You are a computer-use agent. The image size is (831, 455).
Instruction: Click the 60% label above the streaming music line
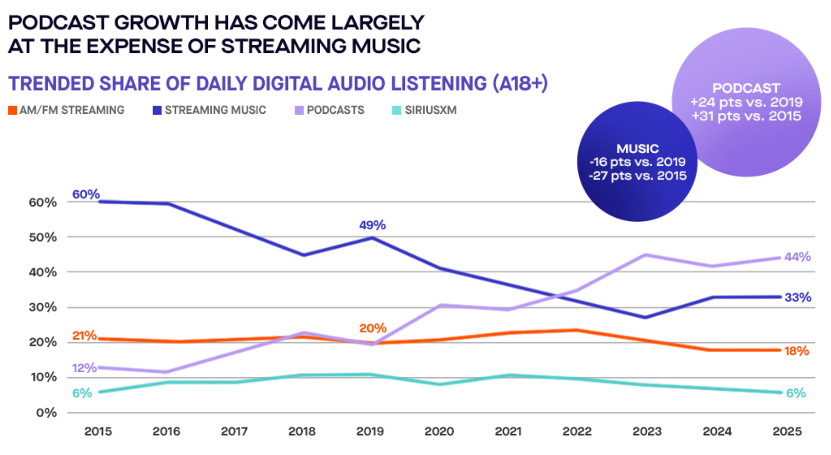tap(86, 194)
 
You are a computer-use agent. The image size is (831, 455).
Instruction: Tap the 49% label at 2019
tap(372, 225)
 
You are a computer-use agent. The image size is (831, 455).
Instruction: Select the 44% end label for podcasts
tap(797, 257)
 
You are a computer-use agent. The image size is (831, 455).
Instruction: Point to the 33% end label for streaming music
tap(797, 297)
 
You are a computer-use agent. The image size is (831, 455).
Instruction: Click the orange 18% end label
tap(796, 351)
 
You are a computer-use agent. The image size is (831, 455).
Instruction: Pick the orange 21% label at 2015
tap(84, 336)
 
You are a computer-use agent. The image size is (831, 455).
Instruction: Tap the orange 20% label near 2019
tap(373, 328)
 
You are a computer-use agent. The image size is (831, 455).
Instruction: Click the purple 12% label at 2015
tap(84, 368)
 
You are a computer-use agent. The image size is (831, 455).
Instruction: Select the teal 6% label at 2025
tap(796, 393)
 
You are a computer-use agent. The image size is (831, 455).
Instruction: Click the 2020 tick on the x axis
tap(439, 431)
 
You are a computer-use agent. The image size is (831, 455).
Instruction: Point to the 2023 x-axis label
tap(647, 431)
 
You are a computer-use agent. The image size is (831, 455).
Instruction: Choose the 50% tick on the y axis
tap(43, 238)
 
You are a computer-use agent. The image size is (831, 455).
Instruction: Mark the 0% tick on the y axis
tap(46, 413)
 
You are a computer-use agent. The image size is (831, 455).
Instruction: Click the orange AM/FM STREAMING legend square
tap(12, 110)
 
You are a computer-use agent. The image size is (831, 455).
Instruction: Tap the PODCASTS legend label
tap(335, 110)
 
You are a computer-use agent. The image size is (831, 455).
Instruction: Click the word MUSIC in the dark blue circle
tap(637, 148)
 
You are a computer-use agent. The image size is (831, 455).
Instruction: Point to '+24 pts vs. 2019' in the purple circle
tap(746, 102)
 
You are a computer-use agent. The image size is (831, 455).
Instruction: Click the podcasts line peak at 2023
tap(646, 255)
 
